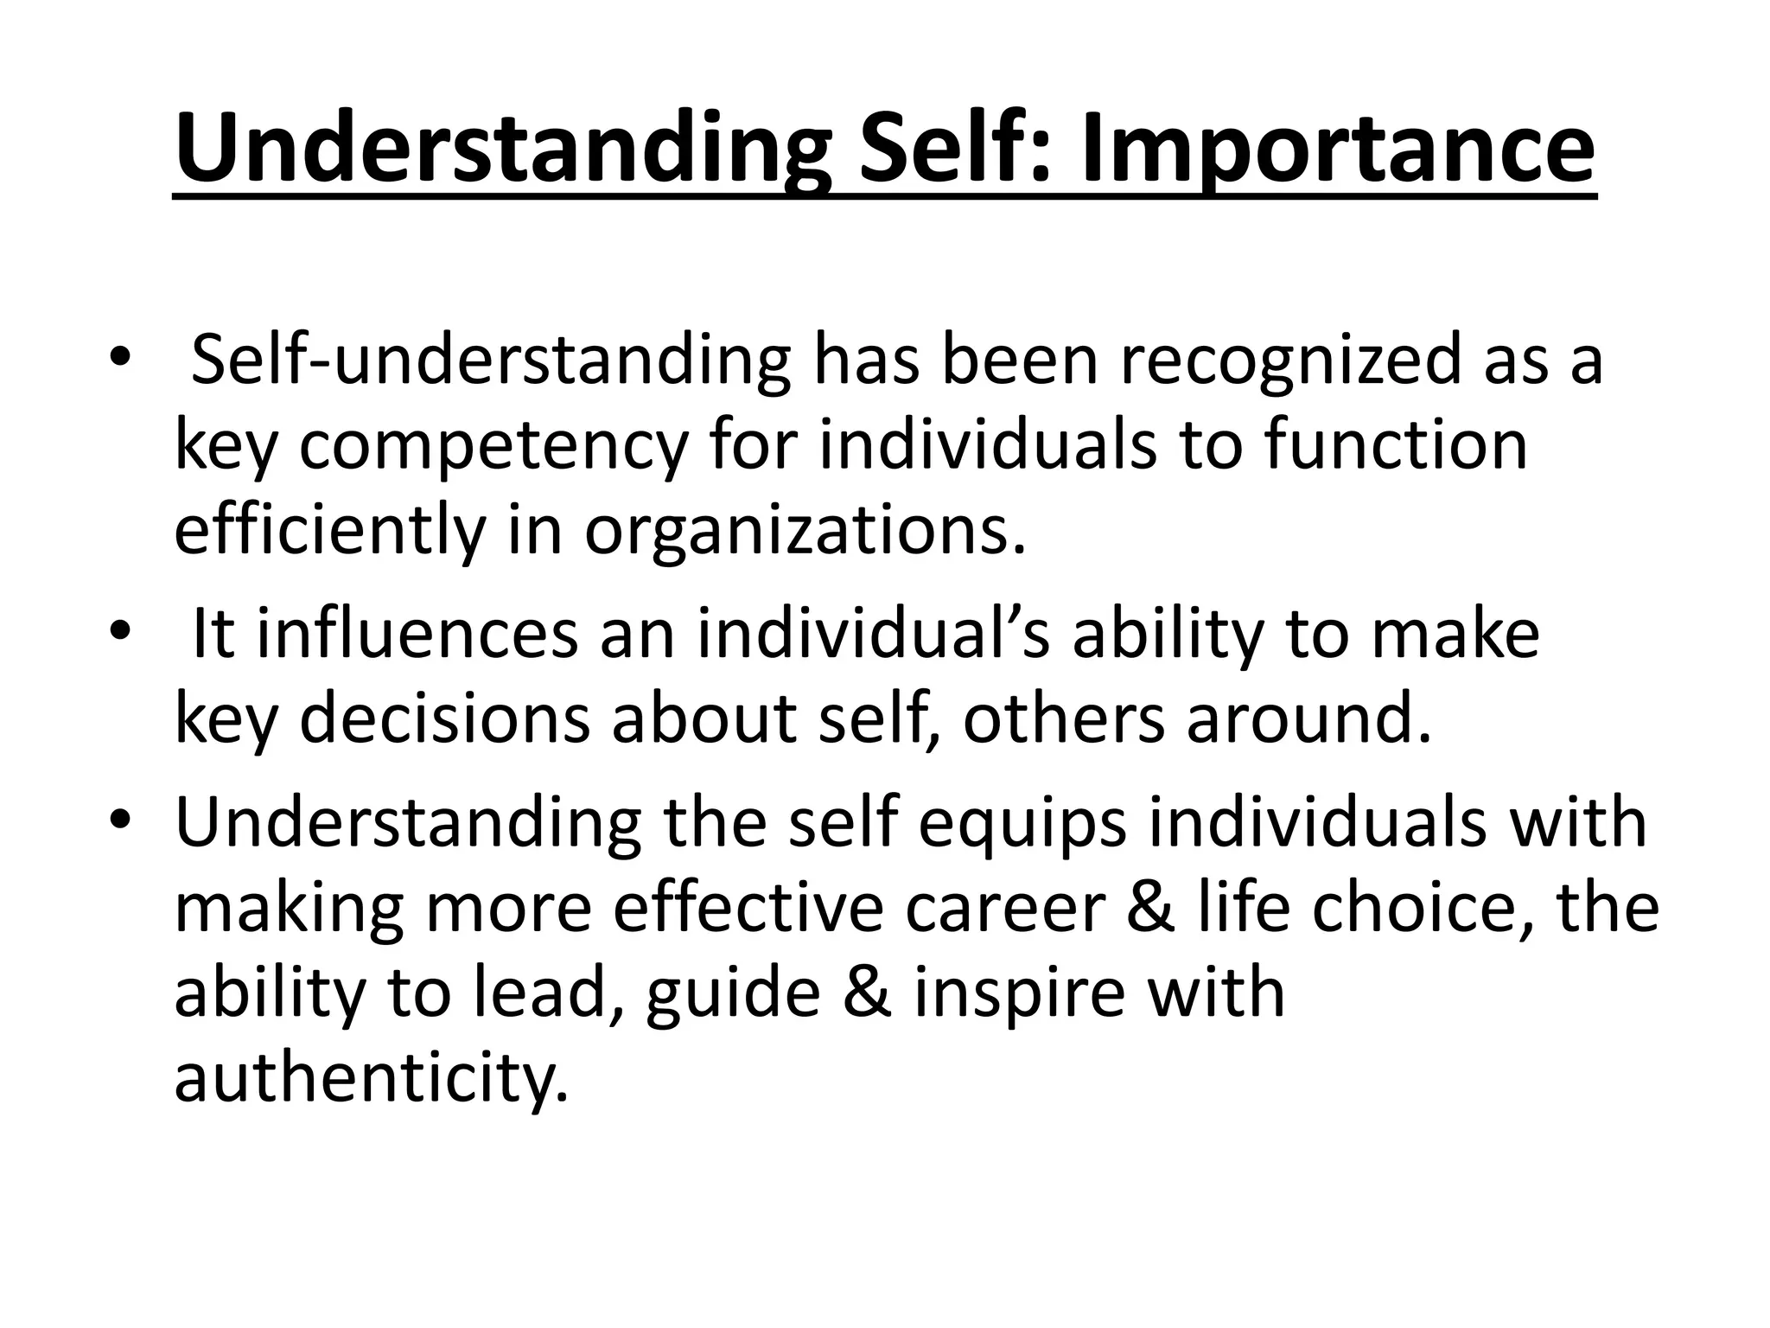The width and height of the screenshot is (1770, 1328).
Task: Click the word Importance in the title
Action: coord(1337,149)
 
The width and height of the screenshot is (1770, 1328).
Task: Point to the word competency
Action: coord(493,447)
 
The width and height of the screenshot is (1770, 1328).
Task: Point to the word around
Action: coord(1309,718)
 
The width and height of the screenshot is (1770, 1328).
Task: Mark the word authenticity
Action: coord(372,1078)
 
